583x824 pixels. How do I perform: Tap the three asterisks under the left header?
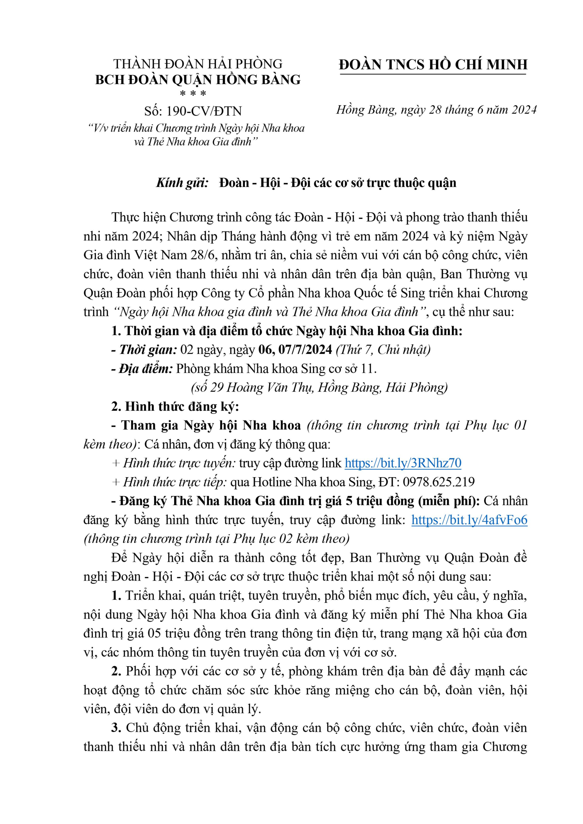coord(193,94)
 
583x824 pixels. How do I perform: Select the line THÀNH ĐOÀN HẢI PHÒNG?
coord(198,64)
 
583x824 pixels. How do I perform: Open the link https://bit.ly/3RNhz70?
coord(403,463)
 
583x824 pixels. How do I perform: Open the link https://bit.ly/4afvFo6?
coord(469,520)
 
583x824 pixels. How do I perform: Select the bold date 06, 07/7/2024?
coord(295,350)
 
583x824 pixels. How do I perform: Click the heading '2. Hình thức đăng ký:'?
coord(175,407)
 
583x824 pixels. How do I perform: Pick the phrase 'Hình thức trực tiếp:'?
coord(175,482)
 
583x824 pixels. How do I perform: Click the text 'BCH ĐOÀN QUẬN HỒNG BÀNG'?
coord(198,79)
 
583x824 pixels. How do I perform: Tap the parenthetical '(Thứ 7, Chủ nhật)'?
coord(383,350)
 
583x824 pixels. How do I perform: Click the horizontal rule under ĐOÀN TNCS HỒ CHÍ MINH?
coord(433,75)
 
